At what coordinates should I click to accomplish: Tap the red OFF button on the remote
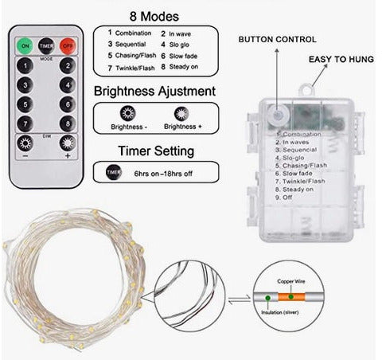[x=68, y=46]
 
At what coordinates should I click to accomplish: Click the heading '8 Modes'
[x=153, y=16]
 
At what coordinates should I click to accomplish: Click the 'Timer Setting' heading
[x=153, y=151]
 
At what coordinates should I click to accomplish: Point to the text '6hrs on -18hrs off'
[x=164, y=172]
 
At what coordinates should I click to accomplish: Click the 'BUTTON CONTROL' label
[x=277, y=39]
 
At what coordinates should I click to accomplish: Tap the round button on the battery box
[x=275, y=116]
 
